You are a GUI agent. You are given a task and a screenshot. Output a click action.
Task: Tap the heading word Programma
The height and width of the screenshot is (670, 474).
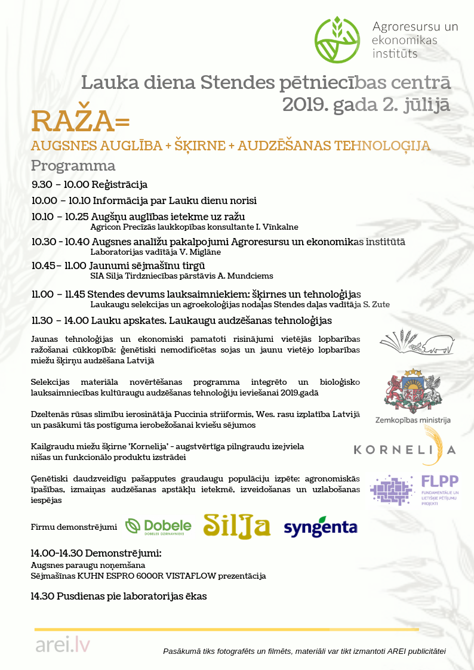73,165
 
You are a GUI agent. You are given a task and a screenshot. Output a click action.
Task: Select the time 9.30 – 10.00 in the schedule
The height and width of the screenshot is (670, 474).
60,185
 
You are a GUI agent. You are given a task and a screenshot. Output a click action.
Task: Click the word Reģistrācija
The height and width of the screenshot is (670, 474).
119,185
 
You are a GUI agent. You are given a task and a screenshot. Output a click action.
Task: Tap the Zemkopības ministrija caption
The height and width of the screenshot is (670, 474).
413,420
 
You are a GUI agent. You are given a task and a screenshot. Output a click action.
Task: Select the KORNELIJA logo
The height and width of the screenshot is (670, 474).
405,449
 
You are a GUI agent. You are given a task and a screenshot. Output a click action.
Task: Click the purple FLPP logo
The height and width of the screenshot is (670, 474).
414,490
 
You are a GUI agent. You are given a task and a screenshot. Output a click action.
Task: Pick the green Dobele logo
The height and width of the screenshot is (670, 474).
158,526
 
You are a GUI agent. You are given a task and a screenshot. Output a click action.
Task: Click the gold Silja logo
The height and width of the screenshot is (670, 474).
237,526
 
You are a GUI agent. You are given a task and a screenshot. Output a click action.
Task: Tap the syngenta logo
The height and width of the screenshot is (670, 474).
320,527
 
